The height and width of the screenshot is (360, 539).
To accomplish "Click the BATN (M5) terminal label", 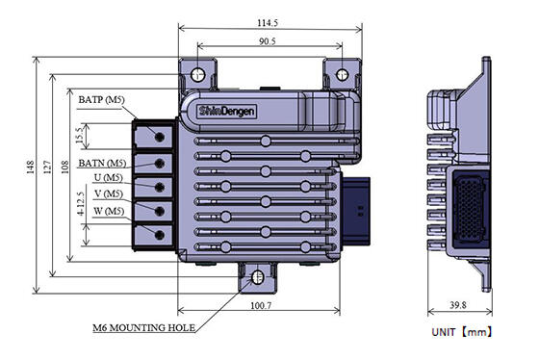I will (x=102, y=163).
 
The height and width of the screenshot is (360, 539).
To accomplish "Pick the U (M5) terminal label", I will (x=106, y=179).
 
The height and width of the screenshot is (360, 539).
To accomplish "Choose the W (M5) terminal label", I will (x=106, y=211).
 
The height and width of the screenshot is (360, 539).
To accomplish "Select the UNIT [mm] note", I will (x=462, y=332).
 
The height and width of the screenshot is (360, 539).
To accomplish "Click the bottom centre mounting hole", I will (x=257, y=278).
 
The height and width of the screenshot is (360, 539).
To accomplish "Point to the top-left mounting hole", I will (x=199, y=75).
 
